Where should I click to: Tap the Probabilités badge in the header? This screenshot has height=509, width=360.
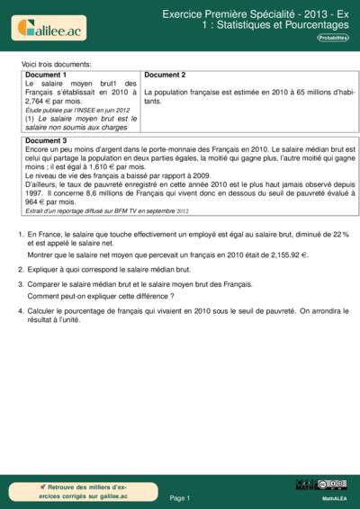point(332,37)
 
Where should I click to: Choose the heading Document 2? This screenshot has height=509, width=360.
point(165,75)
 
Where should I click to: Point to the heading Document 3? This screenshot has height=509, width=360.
point(46,141)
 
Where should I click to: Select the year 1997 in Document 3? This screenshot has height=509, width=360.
point(35,193)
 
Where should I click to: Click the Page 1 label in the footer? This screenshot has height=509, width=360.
point(180,497)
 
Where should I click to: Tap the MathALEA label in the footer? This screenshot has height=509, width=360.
point(335,497)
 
